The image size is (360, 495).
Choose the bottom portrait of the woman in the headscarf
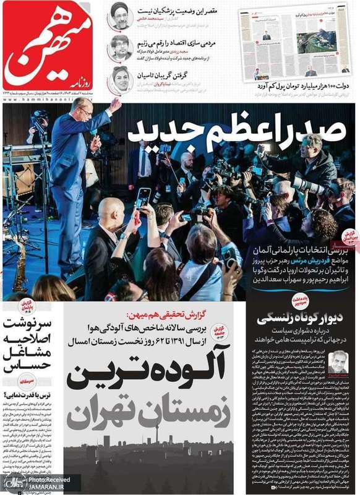pos(121,79)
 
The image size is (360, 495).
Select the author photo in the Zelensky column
pos(338,361)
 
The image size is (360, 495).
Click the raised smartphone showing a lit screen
pos(144,199)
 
